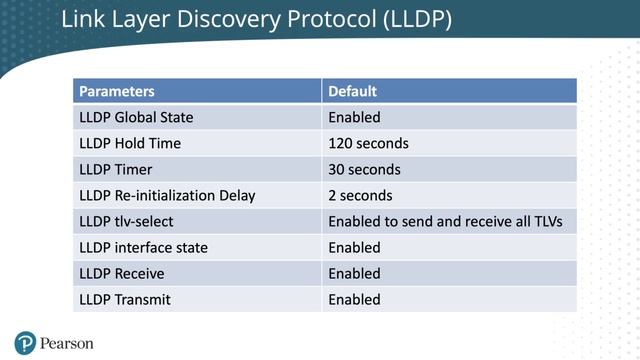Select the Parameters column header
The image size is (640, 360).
click(x=117, y=91)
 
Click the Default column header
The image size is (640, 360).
click(x=351, y=91)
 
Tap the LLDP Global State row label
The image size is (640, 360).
click(x=136, y=117)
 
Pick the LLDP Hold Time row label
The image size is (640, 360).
click(x=130, y=143)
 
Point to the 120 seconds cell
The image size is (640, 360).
click(x=368, y=143)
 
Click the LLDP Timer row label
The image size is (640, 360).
click(x=115, y=169)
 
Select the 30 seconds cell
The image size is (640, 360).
click(x=364, y=169)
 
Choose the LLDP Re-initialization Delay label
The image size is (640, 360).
click(x=167, y=195)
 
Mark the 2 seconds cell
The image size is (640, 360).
click(x=360, y=195)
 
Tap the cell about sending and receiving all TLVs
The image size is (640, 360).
click(x=452, y=221)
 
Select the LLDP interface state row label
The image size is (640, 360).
click(x=143, y=247)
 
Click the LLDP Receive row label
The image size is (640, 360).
click(x=122, y=273)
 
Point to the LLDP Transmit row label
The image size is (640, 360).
click(x=125, y=299)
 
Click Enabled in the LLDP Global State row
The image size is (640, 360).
click(x=354, y=117)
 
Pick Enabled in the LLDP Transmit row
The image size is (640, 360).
click(x=354, y=299)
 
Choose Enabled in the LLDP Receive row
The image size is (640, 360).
click(x=354, y=273)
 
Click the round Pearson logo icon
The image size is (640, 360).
click(x=25, y=342)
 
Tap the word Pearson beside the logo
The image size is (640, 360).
click(x=67, y=343)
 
